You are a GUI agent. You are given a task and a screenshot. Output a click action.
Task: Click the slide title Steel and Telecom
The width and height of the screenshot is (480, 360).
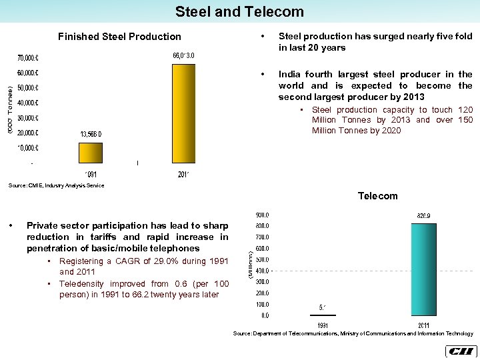(x=239, y=11)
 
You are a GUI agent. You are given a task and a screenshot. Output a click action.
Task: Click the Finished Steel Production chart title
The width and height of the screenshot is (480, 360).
(x=119, y=37)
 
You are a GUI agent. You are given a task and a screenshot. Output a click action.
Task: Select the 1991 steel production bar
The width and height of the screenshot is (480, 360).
(x=91, y=153)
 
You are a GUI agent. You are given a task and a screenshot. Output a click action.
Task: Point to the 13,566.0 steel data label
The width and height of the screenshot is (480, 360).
(x=91, y=134)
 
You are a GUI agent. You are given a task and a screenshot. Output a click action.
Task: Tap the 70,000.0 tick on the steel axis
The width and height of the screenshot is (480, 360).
(x=28, y=58)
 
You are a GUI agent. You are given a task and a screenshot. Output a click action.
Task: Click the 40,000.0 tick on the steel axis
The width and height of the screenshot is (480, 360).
(x=28, y=103)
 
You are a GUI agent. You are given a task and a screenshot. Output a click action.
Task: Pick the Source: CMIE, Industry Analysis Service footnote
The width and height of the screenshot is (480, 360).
(x=57, y=185)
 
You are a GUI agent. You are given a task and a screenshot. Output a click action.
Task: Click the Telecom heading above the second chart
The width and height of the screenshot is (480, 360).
(x=377, y=196)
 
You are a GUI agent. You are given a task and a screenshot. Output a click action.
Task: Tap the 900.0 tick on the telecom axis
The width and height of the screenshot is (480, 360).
(x=263, y=215)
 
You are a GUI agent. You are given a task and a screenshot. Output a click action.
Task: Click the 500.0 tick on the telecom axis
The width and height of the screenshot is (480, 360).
(x=263, y=259)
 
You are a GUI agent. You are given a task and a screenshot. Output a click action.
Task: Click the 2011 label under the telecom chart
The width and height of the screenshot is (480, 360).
(x=423, y=325)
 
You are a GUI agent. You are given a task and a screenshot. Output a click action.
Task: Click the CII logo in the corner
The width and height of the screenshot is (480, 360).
(x=459, y=351)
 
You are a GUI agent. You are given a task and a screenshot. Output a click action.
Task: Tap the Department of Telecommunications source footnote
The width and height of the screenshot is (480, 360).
(x=353, y=333)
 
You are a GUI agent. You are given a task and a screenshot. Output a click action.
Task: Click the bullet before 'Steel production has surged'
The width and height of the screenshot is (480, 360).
(x=264, y=37)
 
